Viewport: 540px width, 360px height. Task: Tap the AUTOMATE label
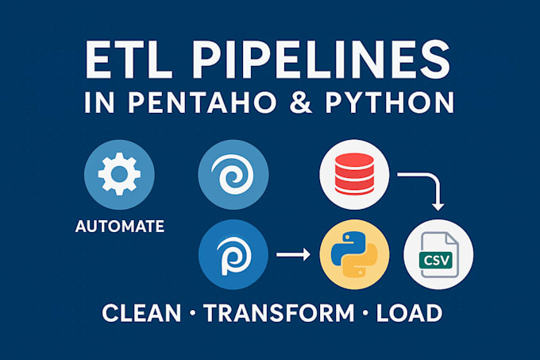(119, 226)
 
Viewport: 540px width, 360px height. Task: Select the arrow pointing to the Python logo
(293, 256)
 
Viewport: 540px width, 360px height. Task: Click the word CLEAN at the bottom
(142, 312)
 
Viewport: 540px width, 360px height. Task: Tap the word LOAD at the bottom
(410, 312)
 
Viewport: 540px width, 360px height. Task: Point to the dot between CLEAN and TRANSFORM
(193, 313)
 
